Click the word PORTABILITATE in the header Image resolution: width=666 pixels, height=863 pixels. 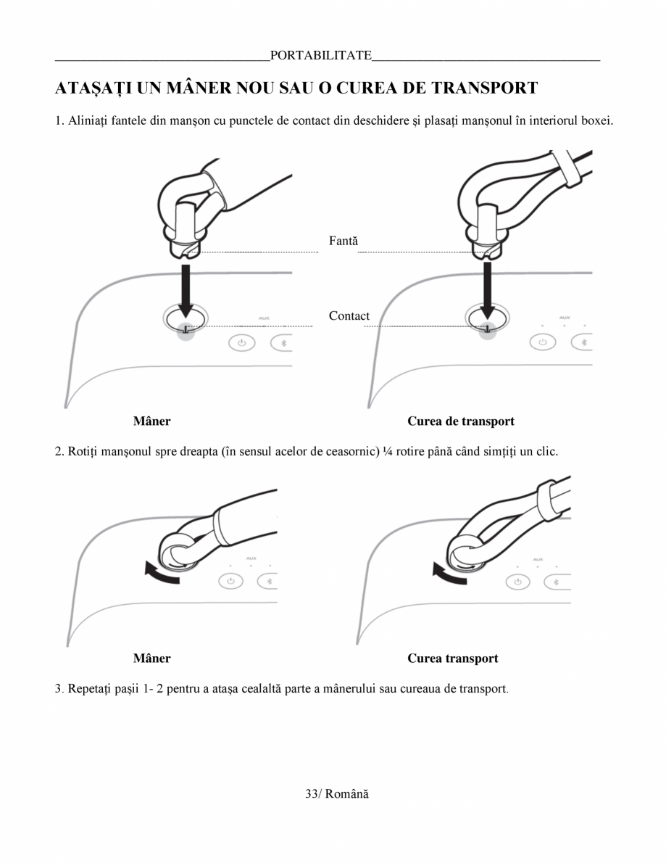tap(320, 56)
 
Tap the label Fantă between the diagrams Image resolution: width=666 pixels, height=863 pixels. tap(344, 240)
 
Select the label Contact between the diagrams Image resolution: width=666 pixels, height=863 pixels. tap(349, 315)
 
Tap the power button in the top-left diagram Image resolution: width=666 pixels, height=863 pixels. tap(242, 342)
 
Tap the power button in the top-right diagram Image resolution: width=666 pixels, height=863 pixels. tap(542, 342)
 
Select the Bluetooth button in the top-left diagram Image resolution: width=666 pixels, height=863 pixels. tap(283, 342)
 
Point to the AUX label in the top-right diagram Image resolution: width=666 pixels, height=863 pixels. tap(564, 318)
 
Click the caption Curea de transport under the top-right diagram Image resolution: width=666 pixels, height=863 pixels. tap(460, 421)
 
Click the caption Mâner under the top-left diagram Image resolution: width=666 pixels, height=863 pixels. tap(151, 421)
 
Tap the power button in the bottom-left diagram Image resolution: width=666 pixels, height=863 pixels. tap(230, 581)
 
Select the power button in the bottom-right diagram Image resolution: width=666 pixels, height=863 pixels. tap(517, 581)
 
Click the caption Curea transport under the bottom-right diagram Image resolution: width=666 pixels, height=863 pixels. tap(452, 658)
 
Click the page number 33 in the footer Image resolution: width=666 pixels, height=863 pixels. tap(313, 794)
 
